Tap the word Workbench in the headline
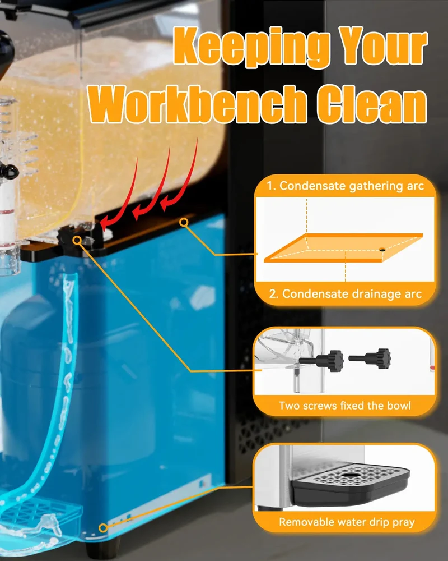point(197,104)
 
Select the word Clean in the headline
point(372,104)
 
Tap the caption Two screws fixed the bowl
point(345,406)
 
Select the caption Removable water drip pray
point(347,522)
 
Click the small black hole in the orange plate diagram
point(382,250)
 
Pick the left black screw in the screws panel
point(321,360)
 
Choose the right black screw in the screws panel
point(370,358)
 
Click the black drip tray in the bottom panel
point(351,484)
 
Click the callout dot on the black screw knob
point(77,241)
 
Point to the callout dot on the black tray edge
point(184,223)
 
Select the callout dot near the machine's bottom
point(103,527)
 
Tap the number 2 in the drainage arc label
point(273,294)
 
